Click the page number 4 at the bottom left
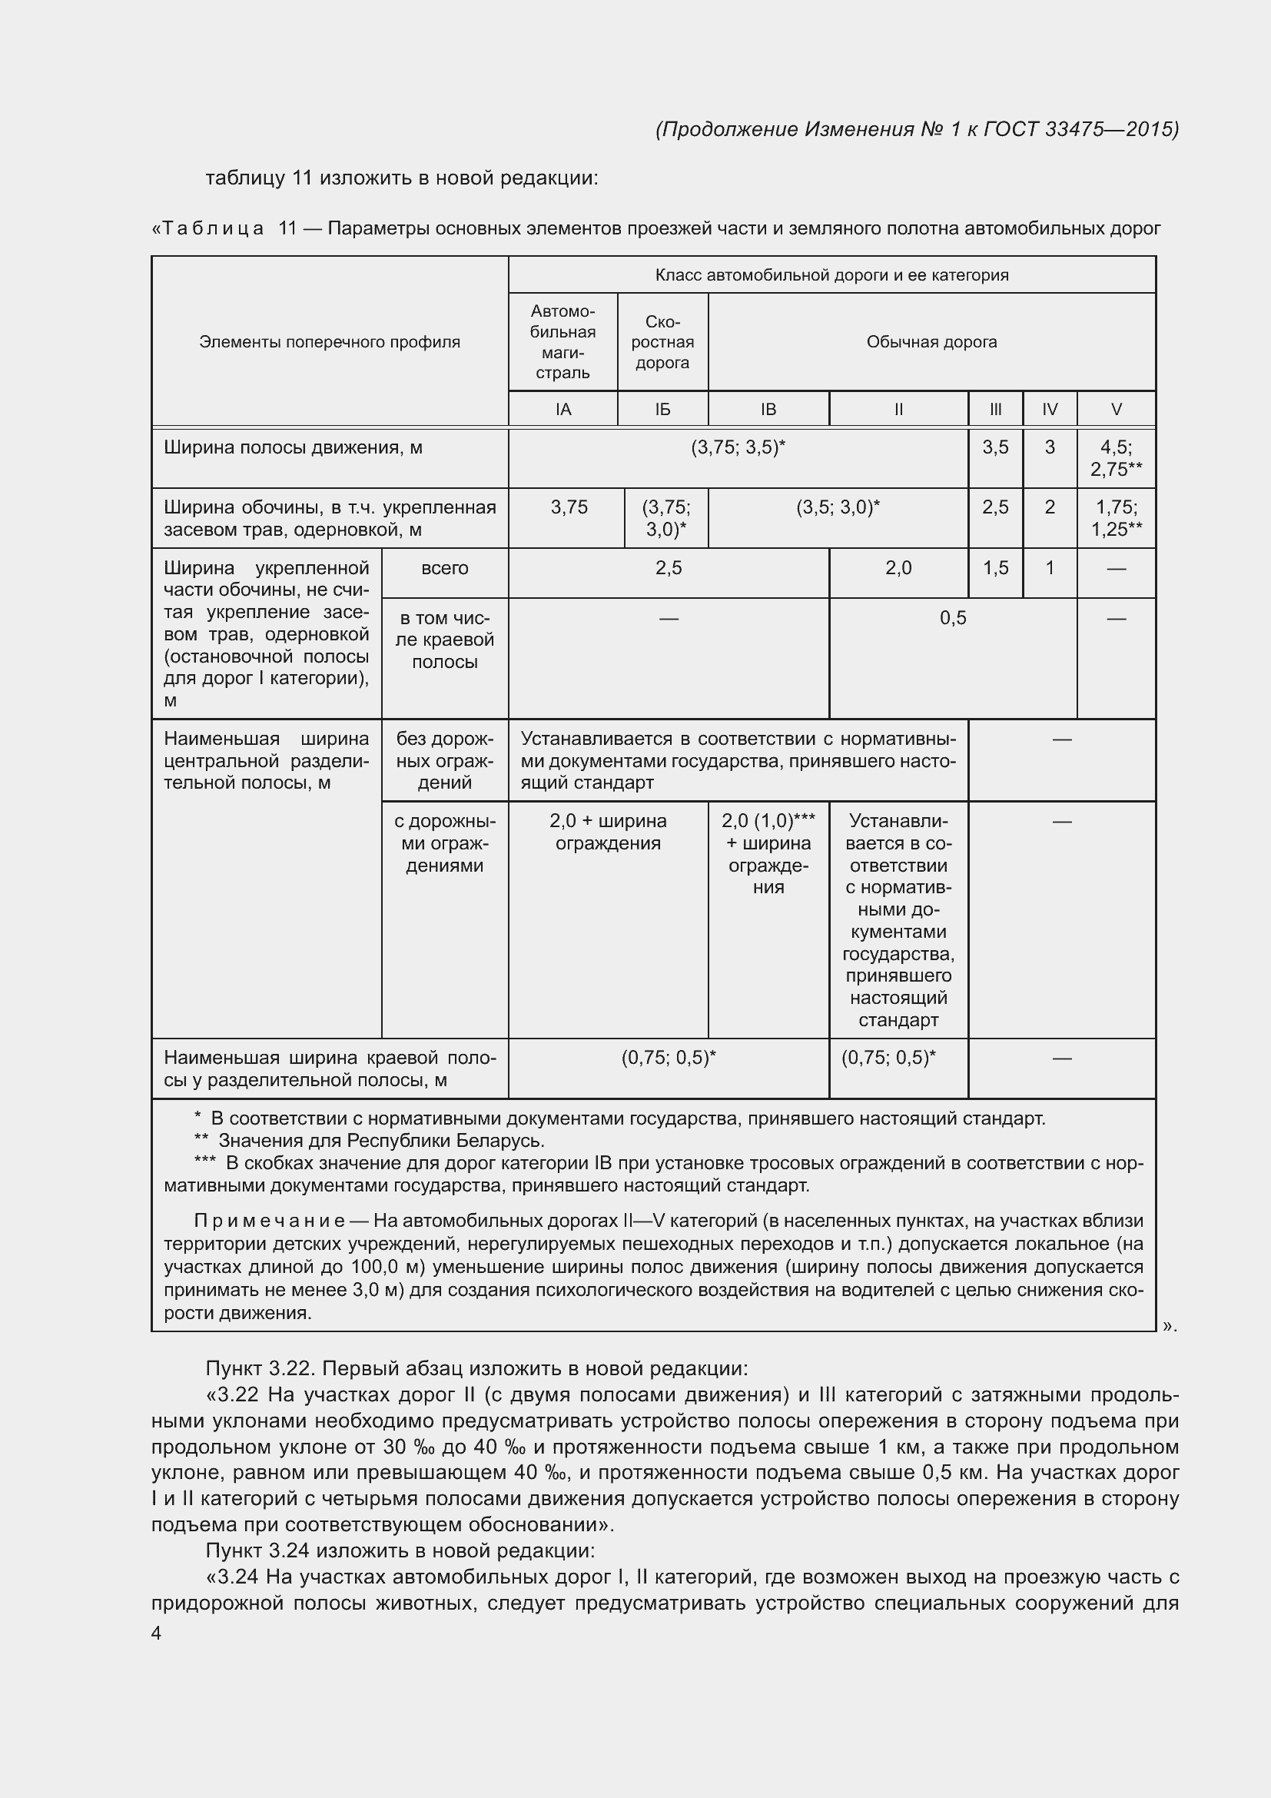(157, 1633)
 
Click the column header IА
(562, 409)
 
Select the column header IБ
(662, 409)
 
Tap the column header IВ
(768, 409)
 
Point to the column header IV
(1050, 409)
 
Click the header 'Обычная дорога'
(931, 342)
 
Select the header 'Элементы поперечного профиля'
(330, 342)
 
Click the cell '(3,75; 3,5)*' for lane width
(737, 447)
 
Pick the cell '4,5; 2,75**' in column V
(1115, 458)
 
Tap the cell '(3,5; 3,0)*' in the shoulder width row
(838, 507)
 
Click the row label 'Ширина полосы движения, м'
(293, 447)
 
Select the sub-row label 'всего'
(444, 569)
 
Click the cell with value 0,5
(952, 618)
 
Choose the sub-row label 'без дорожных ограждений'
(444, 760)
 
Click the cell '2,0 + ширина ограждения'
(608, 832)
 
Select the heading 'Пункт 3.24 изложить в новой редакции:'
(400, 1550)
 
